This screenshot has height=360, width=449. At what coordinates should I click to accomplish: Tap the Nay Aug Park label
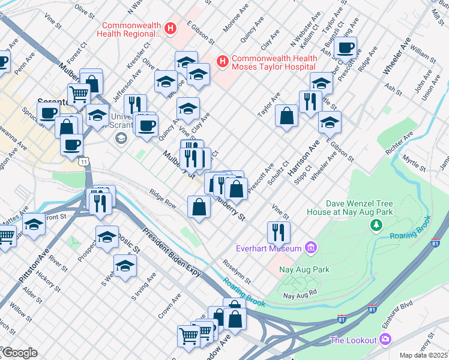point(304,270)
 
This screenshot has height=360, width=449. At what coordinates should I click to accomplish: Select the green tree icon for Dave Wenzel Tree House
point(376,225)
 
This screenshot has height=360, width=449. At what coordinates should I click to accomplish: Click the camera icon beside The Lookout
point(385,340)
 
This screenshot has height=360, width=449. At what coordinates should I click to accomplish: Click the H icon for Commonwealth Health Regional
point(171,28)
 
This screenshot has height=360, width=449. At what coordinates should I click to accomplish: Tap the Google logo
point(19,353)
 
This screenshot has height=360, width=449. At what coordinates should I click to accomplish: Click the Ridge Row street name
point(163,199)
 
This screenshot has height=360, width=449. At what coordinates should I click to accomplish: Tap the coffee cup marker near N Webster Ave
point(345,47)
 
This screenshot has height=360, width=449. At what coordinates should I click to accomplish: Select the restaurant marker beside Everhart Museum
point(278,231)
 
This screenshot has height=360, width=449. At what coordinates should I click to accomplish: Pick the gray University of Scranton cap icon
point(121,139)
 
